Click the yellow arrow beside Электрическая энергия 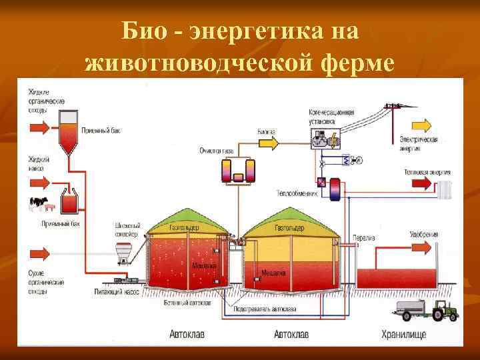pos(422,125)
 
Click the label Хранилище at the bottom pos(403,334)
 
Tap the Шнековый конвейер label pos(126,230)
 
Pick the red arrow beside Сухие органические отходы pos(39,254)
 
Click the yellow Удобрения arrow pos(422,247)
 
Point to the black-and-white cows pos(39,201)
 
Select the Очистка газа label pos(216,151)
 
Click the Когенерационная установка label pos(331,117)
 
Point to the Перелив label pos(363,238)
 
